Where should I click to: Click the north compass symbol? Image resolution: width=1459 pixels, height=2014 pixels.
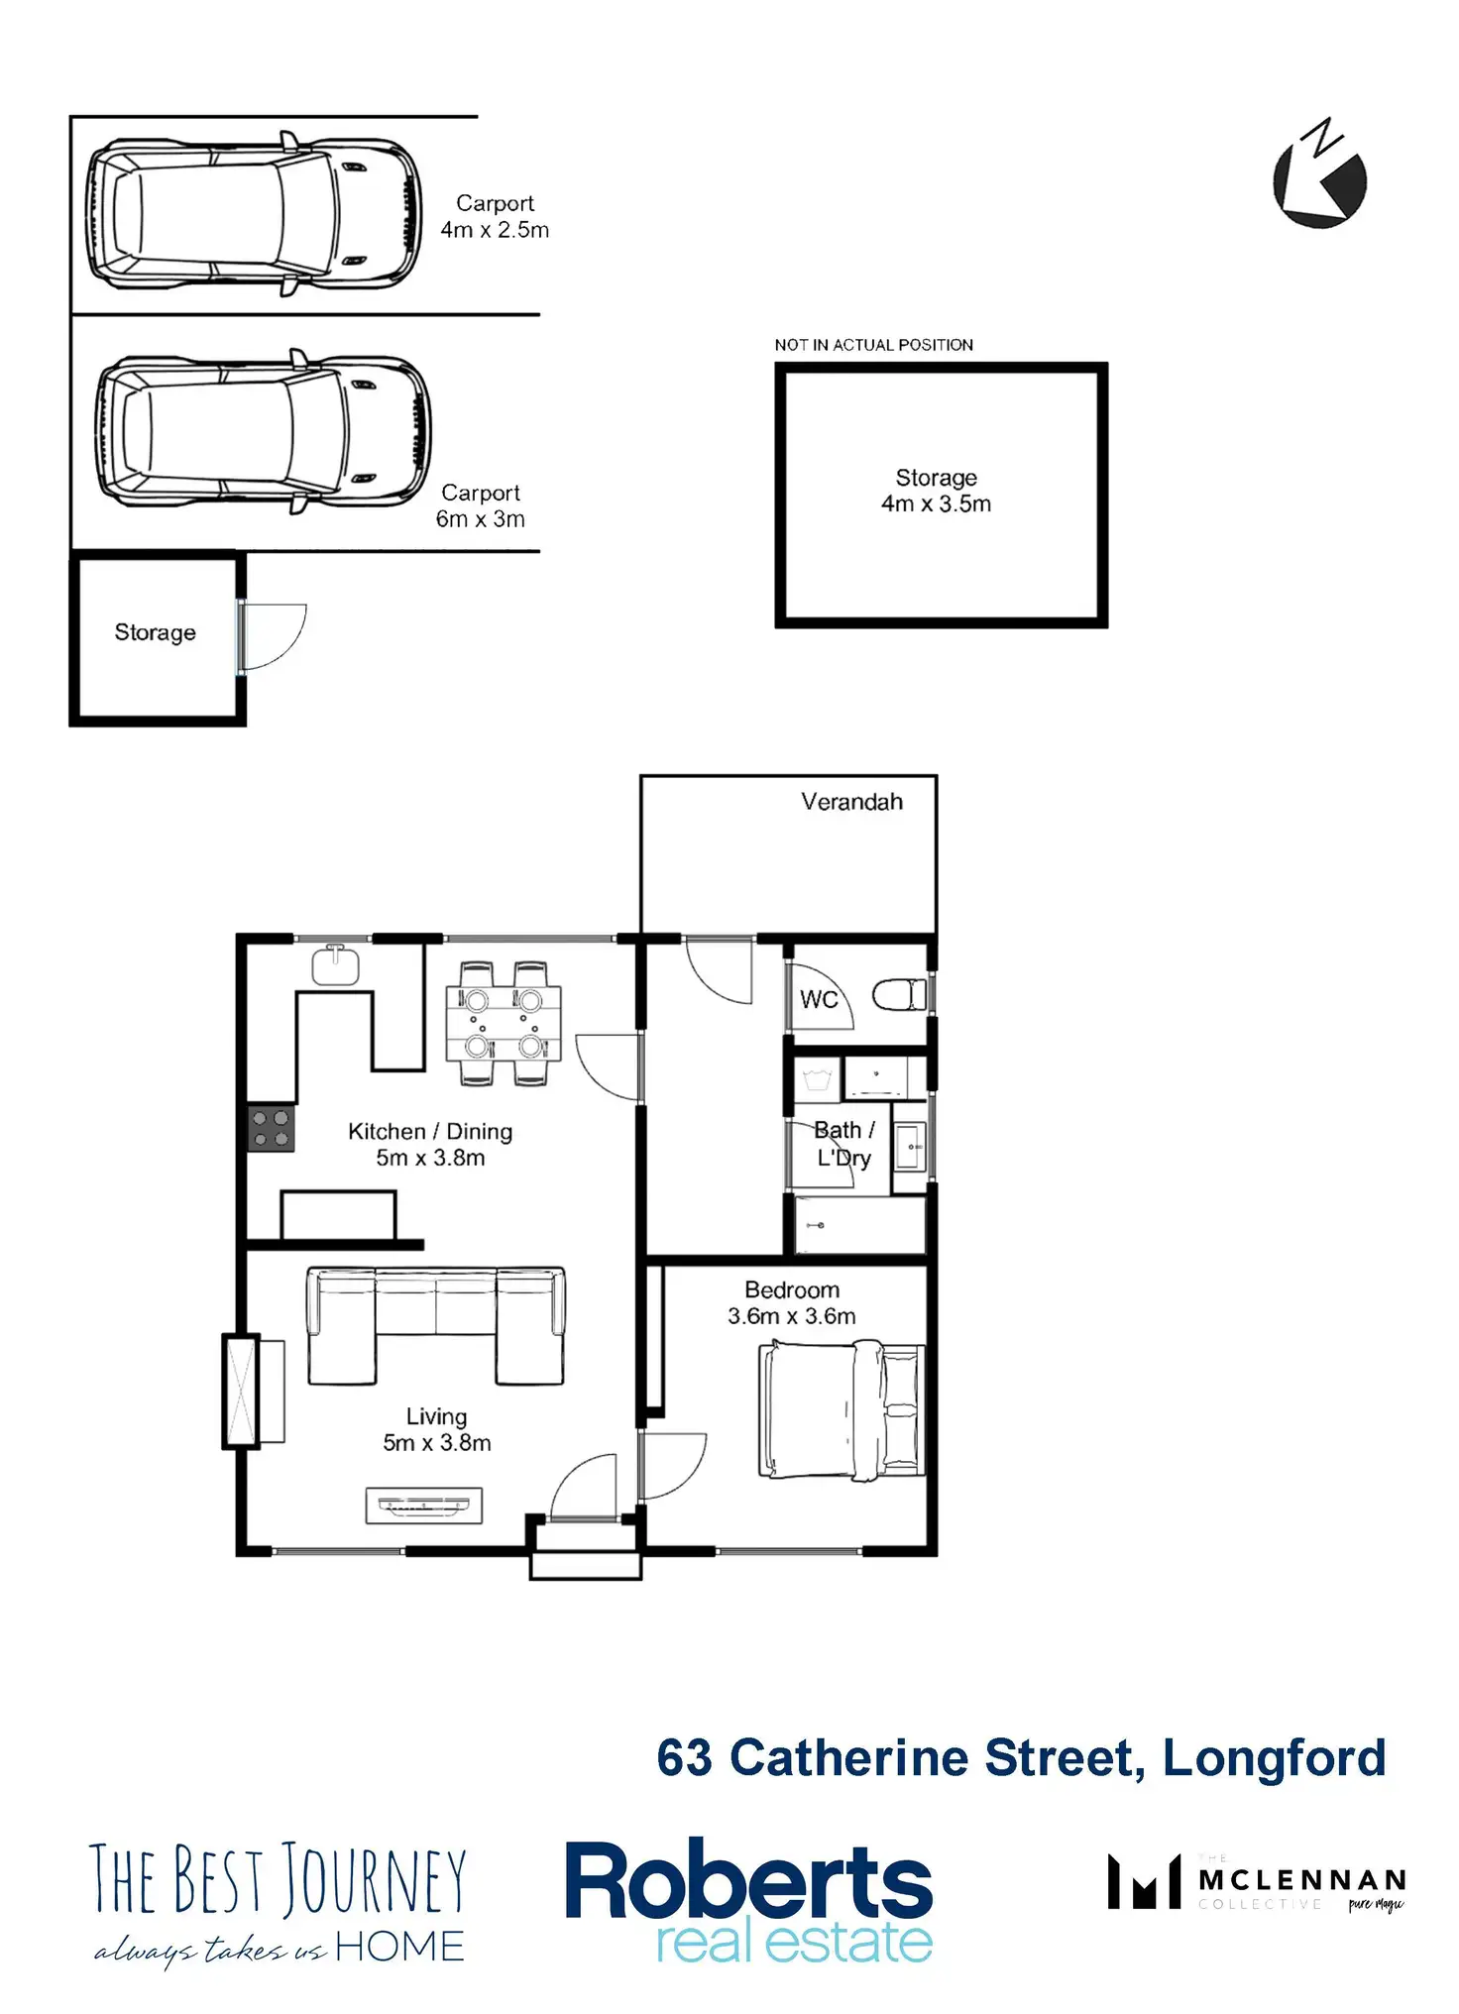tap(1319, 178)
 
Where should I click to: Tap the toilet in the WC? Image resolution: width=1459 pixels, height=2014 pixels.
tap(900, 994)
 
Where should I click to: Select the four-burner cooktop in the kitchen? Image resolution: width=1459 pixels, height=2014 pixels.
tap(271, 1128)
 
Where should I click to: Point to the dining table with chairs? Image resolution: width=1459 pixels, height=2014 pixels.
tap(504, 1023)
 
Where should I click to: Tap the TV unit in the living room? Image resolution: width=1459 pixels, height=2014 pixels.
tap(424, 1506)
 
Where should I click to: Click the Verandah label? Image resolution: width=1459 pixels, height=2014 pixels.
tap(851, 802)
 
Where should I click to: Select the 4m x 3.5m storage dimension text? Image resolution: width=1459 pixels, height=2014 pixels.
tap(936, 504)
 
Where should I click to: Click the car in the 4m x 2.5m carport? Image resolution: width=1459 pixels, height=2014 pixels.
tap(253, 213)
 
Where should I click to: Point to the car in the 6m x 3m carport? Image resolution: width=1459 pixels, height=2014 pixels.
tap(263, 431)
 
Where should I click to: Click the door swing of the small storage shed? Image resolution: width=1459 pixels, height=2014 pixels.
tap(273, 634)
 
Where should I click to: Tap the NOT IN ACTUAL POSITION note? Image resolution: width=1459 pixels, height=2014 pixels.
tap(873, 345)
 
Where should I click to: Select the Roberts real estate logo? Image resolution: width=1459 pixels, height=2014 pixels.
tap(748, 1900)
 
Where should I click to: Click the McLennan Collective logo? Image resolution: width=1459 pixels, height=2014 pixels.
tap(1256, 1882)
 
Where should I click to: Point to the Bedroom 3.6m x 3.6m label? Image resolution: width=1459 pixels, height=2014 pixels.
tap(791, 1303)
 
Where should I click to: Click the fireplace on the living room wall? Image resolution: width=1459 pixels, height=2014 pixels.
tap(242, 1391)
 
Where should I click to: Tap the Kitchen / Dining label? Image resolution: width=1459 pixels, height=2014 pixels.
tap(430, 1132)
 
